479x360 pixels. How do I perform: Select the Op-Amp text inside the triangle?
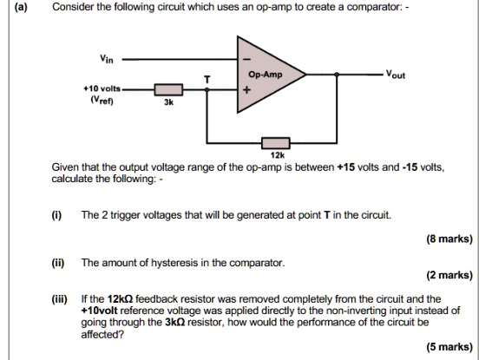265,75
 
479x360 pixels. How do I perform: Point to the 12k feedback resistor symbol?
276,141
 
